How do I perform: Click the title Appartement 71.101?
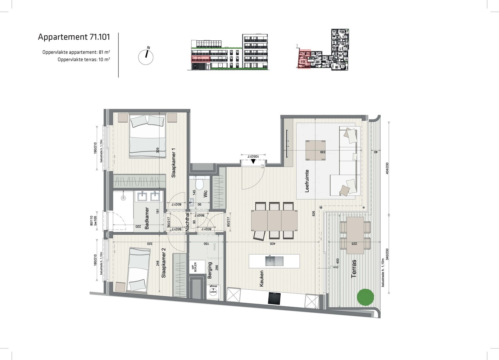[74, 37]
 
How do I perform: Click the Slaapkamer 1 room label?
[173, 163]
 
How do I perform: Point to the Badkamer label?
[147, 218]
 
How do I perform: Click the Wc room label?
[205, 194]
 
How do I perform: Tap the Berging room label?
[210, 270]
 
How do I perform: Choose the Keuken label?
[262, 279]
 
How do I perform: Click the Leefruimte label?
[307, 181]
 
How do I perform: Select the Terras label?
[354, 269]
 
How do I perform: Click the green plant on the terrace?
[366, 298]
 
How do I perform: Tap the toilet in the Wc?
[199, 184]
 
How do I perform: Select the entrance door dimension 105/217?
[254, 157]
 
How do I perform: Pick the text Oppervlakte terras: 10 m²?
[84, 59]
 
